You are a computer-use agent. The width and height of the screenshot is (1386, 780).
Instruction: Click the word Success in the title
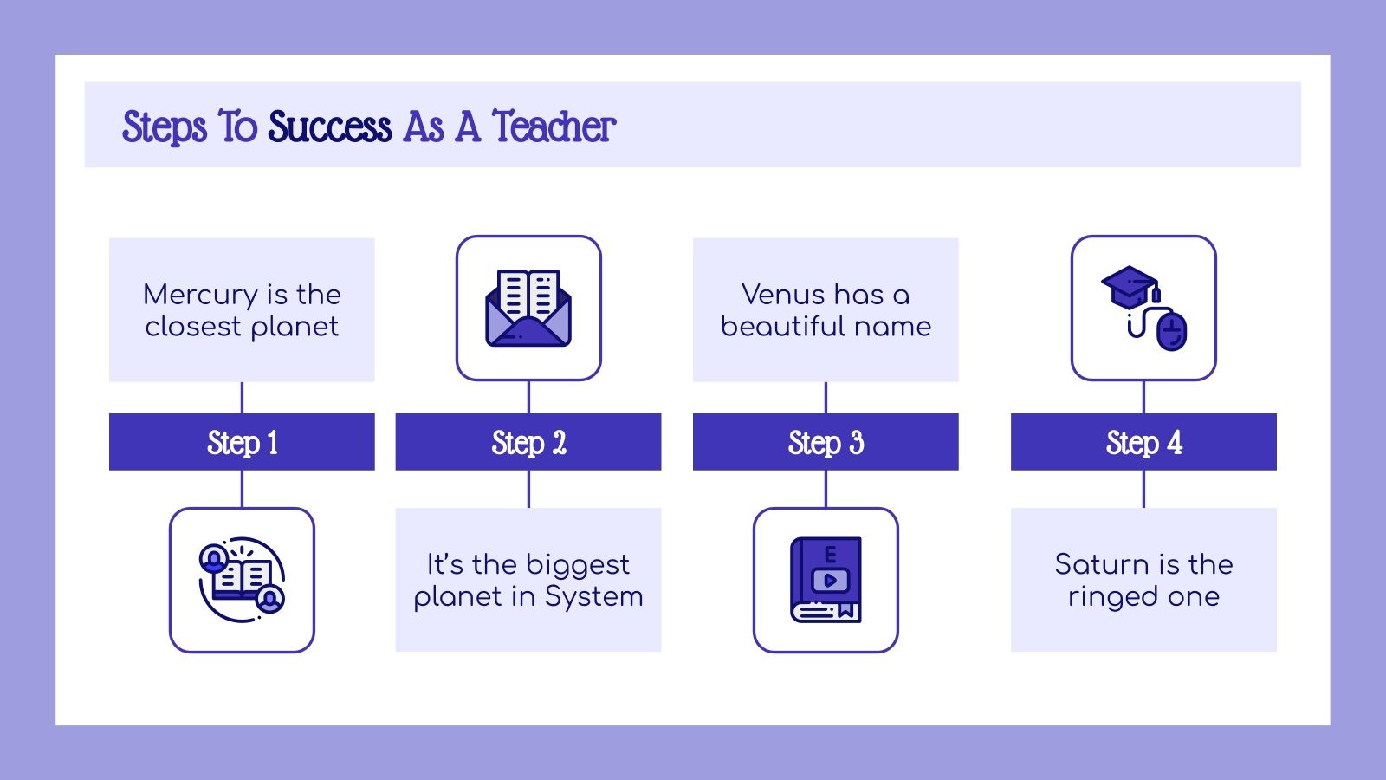[329, 127]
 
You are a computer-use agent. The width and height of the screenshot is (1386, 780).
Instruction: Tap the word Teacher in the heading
[554, 127]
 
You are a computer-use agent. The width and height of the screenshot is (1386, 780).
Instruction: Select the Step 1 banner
[242, 442]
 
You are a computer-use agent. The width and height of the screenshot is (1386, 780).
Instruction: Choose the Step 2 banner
[528, 442]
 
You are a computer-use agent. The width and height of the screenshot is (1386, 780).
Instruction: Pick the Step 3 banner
[826, 442]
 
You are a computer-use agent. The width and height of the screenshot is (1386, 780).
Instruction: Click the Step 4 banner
[1143, 442]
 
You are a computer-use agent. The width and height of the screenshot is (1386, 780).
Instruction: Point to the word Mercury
[200, 295]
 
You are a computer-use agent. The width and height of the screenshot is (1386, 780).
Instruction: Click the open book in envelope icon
[528, 308]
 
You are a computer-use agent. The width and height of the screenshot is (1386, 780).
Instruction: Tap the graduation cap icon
[1130, 287]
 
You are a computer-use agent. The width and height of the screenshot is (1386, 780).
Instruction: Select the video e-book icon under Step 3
[826, 580]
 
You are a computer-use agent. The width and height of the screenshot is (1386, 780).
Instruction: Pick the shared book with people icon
[242, 580]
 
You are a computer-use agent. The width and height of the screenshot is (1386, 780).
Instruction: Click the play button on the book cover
[830, 580]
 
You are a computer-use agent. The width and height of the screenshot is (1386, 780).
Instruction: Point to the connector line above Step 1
[242, 397]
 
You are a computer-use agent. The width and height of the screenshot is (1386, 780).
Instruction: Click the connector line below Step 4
[1143, 489]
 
